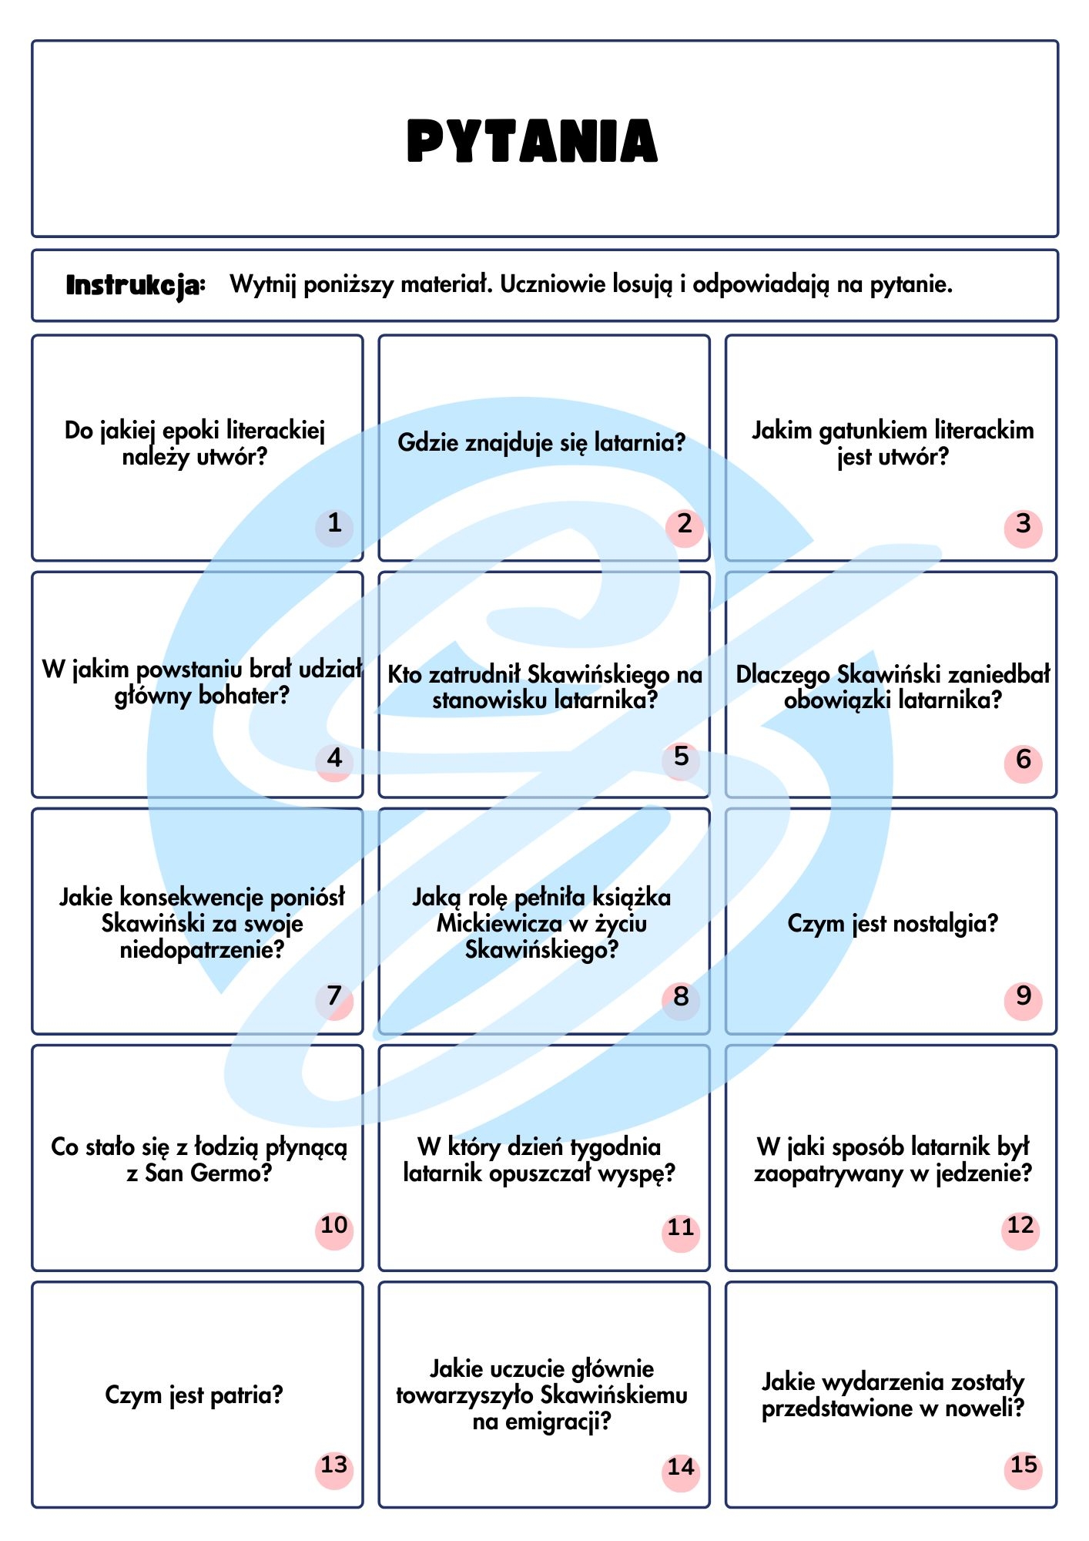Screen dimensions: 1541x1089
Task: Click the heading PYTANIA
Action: click(x=532, y=141)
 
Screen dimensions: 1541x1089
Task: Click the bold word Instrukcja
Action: click(x=136, y=285)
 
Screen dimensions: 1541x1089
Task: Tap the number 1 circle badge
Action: click(x=334, y=528)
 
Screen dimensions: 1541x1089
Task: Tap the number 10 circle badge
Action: click(x=334, y=1229)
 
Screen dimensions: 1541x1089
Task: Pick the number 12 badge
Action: click(x=1021, y=1229)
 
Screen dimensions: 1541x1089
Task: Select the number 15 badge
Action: click(x=1024, y=1468)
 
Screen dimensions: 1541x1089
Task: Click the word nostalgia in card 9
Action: click(x=936, y=923)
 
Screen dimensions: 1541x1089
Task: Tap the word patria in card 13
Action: click(x=236, y=1395)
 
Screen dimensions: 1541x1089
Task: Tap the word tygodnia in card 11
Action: click(x=613, y=1147)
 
